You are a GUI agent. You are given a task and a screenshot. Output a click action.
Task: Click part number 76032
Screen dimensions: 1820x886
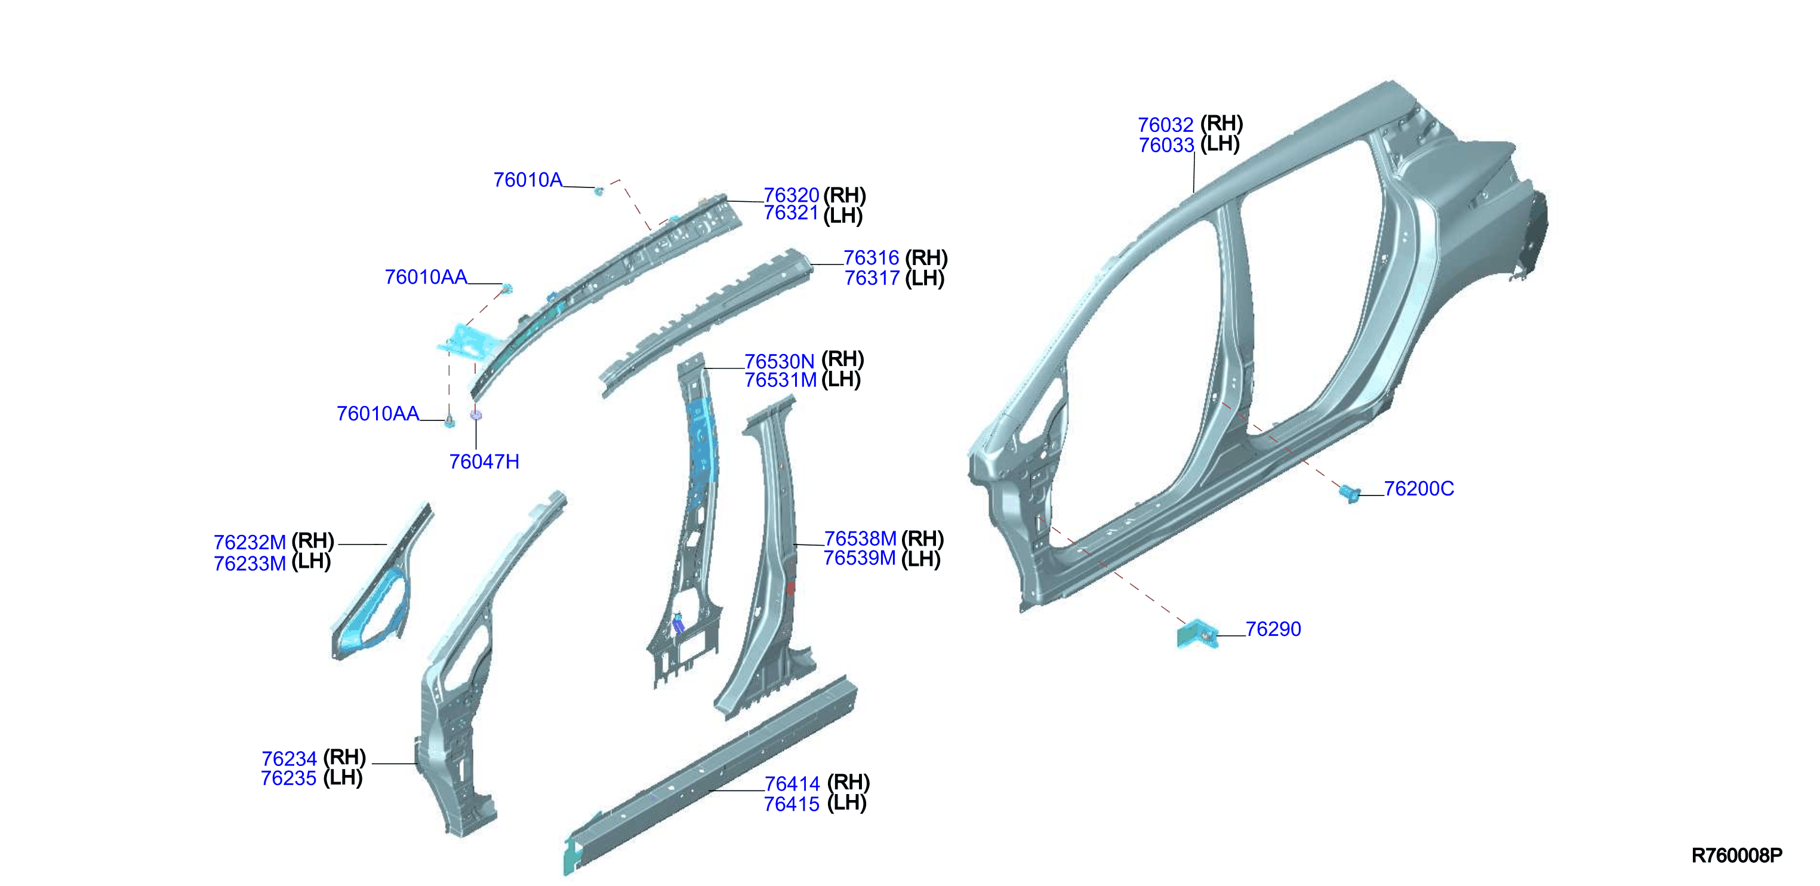[1165, 125]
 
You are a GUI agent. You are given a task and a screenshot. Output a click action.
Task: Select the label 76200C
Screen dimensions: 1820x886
[1419, 489]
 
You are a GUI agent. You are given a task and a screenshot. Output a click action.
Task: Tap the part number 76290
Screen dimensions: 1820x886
[1273, 629]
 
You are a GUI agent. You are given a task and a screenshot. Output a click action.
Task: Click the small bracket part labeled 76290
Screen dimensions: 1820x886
[1197, 634]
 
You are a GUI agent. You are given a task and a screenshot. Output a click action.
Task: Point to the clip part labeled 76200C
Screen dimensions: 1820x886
[1350, 493]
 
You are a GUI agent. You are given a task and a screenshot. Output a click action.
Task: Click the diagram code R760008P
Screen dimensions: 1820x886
[1736, 856]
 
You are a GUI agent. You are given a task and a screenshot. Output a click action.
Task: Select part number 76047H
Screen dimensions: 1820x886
[484, 462]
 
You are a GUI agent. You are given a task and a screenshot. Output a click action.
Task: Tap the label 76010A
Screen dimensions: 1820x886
[528, 180]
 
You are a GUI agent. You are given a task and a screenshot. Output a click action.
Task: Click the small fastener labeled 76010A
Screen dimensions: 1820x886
[599, 190]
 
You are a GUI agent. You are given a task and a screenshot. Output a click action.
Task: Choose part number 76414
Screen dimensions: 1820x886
[792, 785]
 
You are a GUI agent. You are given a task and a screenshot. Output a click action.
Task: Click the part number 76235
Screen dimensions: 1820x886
[288, 779]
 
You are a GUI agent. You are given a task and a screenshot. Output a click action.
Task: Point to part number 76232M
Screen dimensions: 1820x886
[250, 543]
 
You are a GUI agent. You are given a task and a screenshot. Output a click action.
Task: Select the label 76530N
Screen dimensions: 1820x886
[780, 362]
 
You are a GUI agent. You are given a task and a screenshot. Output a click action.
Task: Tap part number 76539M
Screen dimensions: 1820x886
[860, 558]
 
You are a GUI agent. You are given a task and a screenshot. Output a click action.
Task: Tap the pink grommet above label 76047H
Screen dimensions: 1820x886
[476, 415]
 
